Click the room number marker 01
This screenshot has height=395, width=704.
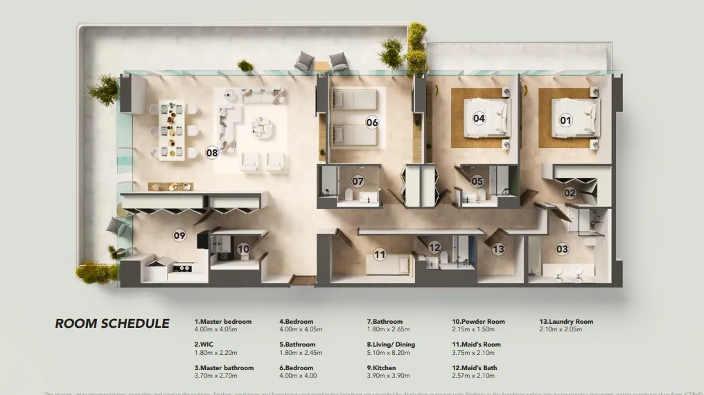coord(566,120)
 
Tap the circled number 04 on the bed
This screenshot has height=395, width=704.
coord(479,118)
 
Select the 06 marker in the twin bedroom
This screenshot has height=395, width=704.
coord(372,122)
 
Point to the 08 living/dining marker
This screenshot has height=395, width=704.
coord(212,152)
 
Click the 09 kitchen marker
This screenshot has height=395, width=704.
coord(179,235)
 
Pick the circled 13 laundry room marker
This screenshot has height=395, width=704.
coord(498,248)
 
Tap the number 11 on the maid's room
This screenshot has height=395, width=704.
coord(380,255)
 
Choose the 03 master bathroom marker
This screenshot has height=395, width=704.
coord(562,248)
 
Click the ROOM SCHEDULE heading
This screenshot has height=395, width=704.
coord(112,324)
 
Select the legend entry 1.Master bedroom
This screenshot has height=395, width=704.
coord(223,322)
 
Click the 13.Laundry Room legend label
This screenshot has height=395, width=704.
coord(566,322)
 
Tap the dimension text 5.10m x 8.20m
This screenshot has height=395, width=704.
coord(388,353)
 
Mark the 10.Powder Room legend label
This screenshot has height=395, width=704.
coord(479,322)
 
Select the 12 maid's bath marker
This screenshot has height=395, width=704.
coord(434,247)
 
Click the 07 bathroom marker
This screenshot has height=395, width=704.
coord(358,181)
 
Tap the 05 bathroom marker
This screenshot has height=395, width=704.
coord(477,181)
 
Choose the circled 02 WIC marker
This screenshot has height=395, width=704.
coord(570,193)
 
